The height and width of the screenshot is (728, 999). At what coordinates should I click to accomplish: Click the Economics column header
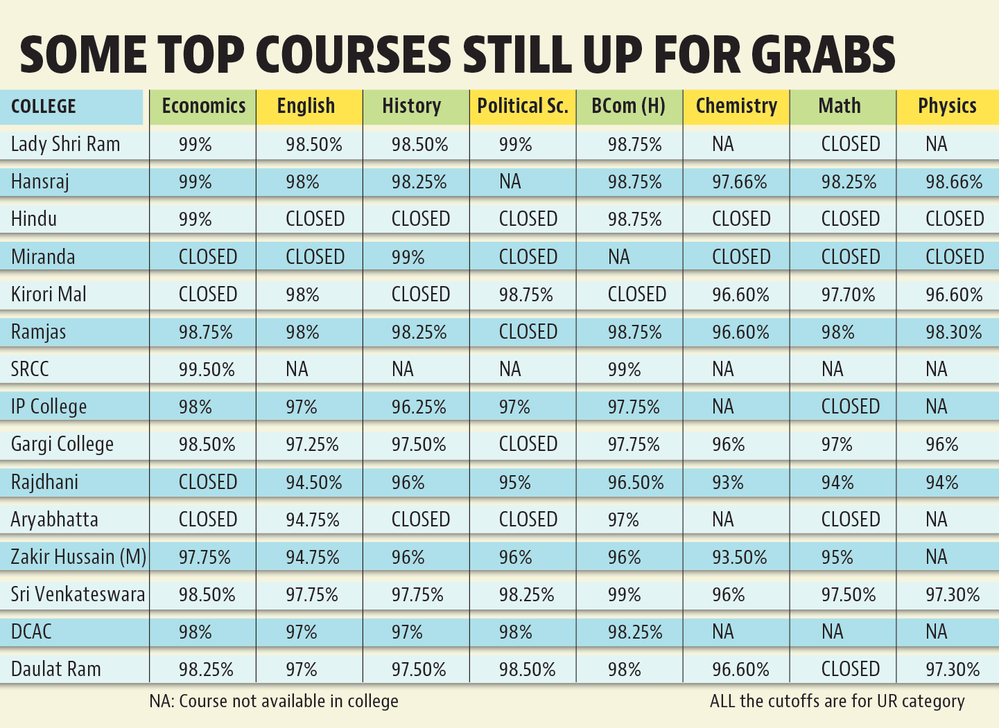click(x=203, y=106)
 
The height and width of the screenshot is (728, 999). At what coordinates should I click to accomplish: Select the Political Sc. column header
click(x=522, y=106)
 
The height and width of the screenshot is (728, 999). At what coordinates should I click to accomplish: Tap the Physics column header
click(x=947, y=106)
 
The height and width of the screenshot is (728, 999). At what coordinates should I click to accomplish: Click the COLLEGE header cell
click(x=44, y=107)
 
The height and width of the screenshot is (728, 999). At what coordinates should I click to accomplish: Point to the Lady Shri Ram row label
click(x=66, y=144)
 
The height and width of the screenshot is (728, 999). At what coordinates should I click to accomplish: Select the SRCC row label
click(x=31, y=369)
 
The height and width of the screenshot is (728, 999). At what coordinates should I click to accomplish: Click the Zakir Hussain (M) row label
click(x=78, y=557)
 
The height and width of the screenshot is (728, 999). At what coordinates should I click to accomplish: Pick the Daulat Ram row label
click(x=56, y=669)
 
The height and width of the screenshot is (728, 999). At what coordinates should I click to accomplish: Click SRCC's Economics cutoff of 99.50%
click(x=207, y=370)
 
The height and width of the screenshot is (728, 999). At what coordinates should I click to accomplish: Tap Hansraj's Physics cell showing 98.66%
click(x=954, y=182)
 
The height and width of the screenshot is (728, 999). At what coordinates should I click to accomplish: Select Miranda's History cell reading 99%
click(x=408, y=257)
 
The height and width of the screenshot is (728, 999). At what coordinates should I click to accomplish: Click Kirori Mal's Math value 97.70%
click(x=848, y=295)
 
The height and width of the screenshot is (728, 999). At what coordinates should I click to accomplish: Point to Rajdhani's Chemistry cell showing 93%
click(x=727, y=483)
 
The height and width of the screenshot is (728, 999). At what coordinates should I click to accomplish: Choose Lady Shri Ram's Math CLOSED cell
click(x=850, y=144)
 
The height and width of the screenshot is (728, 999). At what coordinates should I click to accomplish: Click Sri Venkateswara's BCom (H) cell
click(x=624, y=595)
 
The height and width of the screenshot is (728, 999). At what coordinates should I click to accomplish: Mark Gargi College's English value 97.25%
click(x=312, y=445)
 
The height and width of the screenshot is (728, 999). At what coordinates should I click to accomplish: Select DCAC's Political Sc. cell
click(x=515, y=632)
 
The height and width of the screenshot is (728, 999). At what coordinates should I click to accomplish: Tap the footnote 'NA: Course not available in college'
click(x=274, y=701)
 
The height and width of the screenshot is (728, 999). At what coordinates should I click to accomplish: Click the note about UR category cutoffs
click(x=837, y=701)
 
